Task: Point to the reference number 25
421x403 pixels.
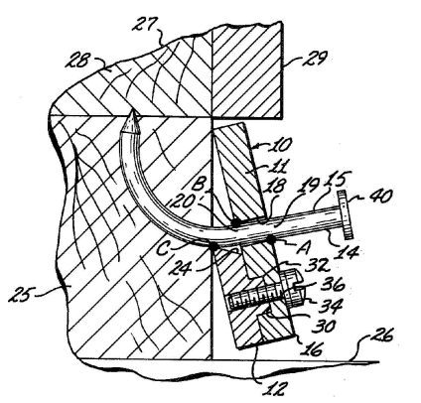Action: click(x=22, y=294)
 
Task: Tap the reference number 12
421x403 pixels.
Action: click(x=273, y=389)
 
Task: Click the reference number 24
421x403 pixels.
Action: click(x=181, y=268)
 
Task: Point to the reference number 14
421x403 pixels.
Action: click(x=347, y=251)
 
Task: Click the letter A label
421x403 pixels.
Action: click(x=303, y=247)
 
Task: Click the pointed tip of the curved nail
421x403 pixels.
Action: click(x=133, y=110)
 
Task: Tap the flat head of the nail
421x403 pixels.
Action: click(x=346, y=215)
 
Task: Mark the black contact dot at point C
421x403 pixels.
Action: click(x=211, y=246)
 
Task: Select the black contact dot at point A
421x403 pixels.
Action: click(x=271, y=238)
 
